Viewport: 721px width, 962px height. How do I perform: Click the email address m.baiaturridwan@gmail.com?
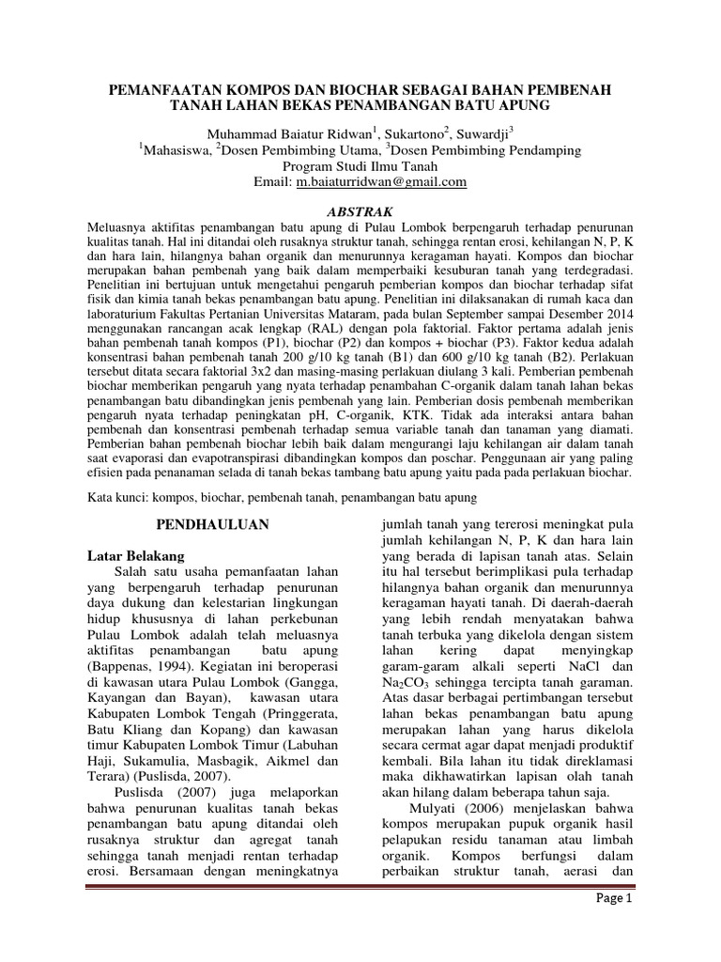pyautogui.click(x=381, y=183)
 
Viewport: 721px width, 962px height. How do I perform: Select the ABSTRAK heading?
pyautogui.click(x=360, y=211)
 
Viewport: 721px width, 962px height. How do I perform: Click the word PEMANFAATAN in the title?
pyautogui.click(x=165, y=89)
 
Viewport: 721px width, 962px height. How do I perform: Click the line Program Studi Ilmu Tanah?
pyautogui.click(x=360, y=166)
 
